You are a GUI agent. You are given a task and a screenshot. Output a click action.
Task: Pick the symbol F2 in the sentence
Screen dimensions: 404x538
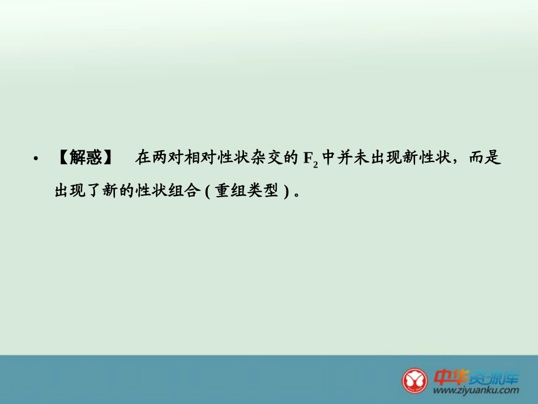(x=311, y=159)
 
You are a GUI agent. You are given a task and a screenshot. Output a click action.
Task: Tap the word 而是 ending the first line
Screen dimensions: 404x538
(x=486, y=158)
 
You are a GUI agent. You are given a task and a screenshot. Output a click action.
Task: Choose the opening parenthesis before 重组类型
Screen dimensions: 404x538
(x=207, y=192)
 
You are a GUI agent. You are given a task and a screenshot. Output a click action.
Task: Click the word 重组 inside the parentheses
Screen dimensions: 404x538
(x=229, y=191)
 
